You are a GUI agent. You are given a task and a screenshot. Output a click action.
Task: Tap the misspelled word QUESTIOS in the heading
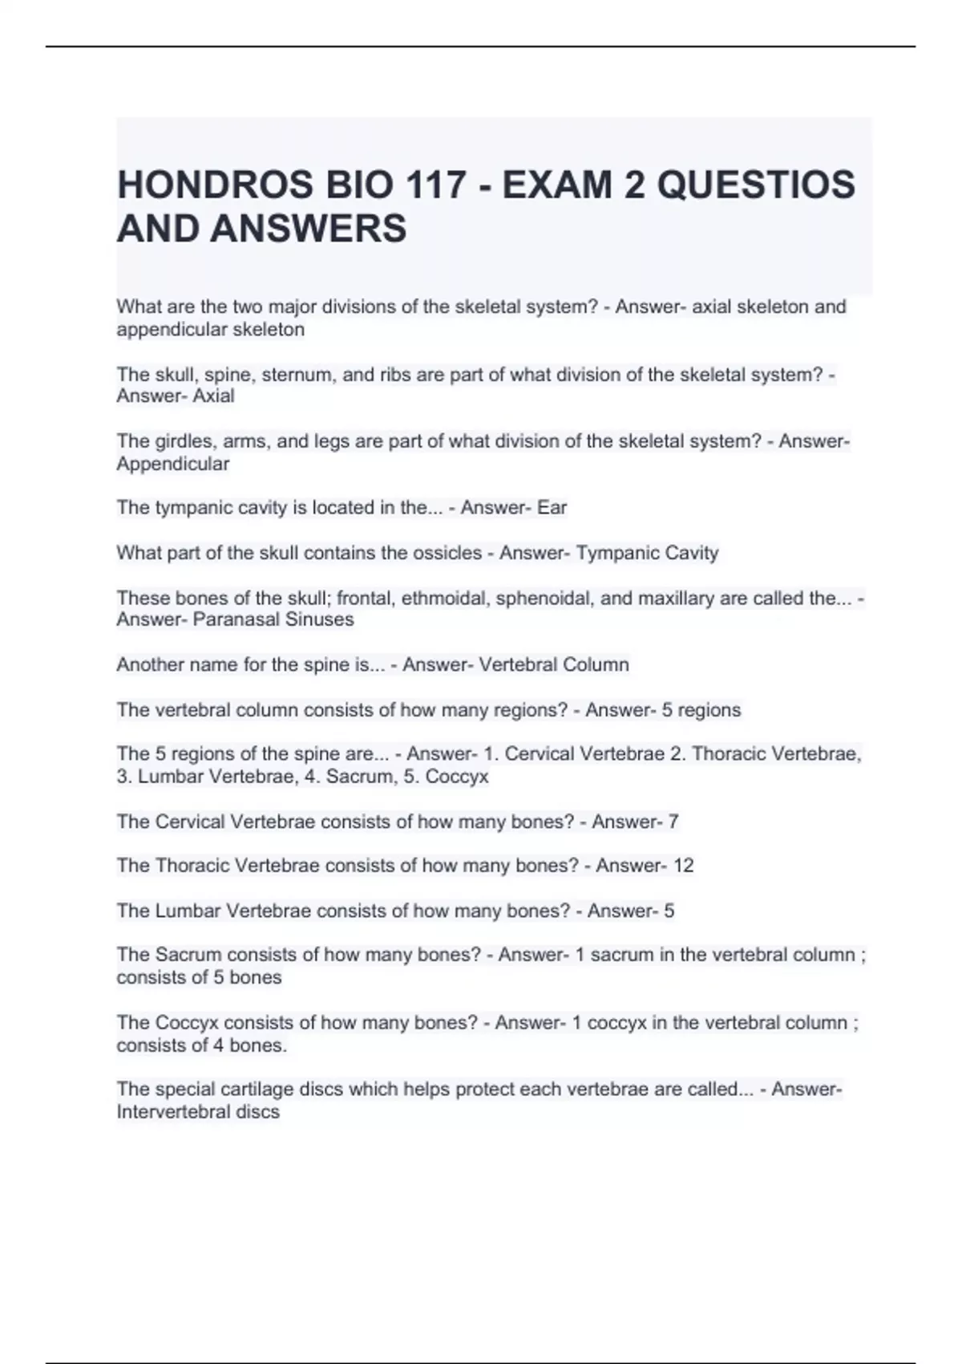[756, 185]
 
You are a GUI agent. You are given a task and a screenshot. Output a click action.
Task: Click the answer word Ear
[552, 508]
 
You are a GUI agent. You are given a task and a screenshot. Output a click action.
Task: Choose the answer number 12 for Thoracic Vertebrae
[683, 866]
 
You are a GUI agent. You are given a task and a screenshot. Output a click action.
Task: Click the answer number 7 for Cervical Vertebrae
[673, 822]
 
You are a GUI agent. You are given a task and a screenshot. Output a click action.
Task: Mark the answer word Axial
[213, 396]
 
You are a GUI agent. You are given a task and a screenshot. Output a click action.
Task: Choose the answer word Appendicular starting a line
[172, 464]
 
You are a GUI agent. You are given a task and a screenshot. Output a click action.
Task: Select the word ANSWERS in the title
[309, 229]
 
